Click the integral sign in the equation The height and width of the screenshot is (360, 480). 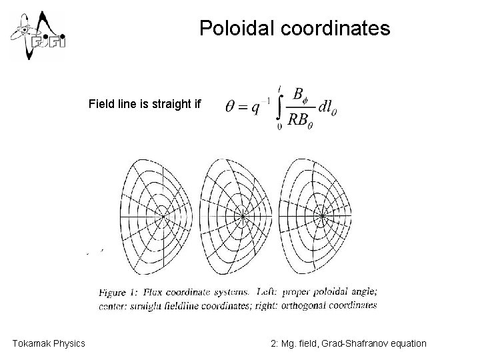coord(281,106)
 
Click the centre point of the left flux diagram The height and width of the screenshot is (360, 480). coord(163,215)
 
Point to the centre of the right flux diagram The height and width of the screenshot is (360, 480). coord(323,215)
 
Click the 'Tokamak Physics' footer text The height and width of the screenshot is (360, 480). coord(49,343)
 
